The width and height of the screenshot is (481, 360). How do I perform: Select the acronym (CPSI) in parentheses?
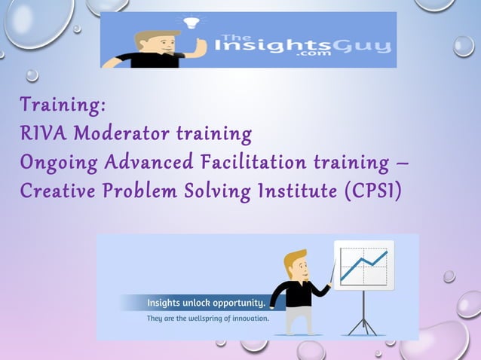coord(372,192)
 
